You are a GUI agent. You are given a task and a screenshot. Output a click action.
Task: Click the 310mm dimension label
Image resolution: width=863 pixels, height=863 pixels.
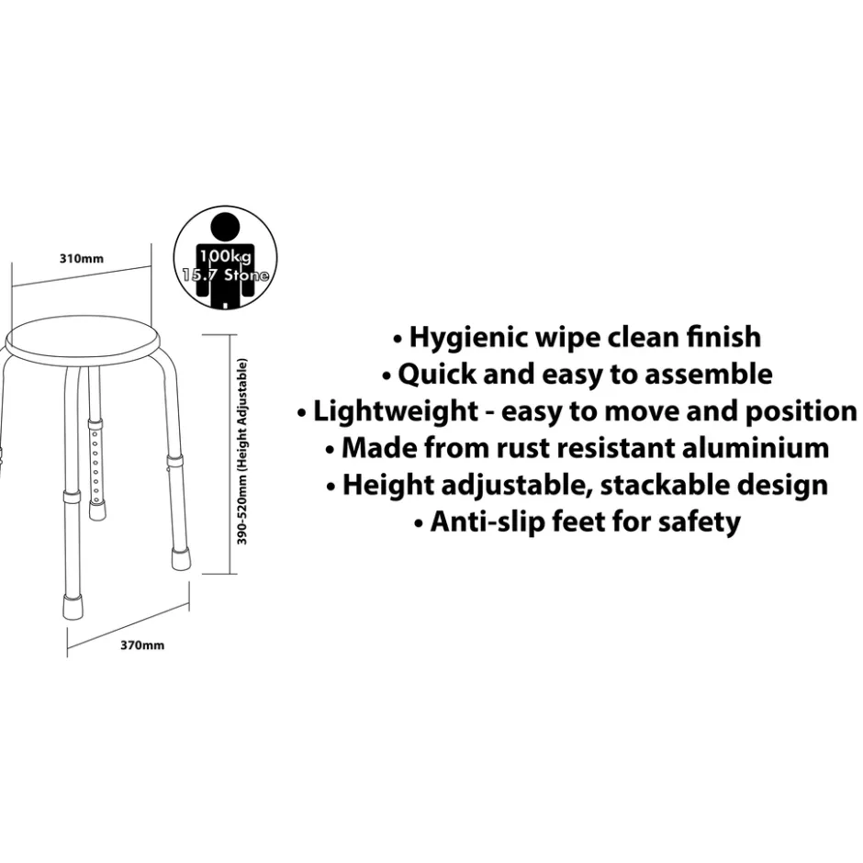(82, 259)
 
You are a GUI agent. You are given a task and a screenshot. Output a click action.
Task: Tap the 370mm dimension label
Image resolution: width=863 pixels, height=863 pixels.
(142, 645)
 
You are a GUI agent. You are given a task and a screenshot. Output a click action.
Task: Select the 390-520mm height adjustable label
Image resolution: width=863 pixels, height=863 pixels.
(242, 452)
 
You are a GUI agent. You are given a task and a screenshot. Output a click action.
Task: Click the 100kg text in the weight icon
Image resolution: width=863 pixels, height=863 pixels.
(225, 256)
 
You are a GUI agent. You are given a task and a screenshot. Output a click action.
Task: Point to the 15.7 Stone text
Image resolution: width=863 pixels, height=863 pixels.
(226, 275)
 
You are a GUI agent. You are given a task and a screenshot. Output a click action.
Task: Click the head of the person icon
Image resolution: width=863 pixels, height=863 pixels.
(225, 227)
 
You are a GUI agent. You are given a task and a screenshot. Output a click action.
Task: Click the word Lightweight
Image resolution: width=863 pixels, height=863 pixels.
(395, 412)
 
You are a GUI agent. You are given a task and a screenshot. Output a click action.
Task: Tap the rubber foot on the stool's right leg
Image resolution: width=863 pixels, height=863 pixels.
(180, 558)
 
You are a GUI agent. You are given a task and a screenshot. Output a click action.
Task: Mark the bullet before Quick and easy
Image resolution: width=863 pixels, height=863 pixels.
(387, 376)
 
